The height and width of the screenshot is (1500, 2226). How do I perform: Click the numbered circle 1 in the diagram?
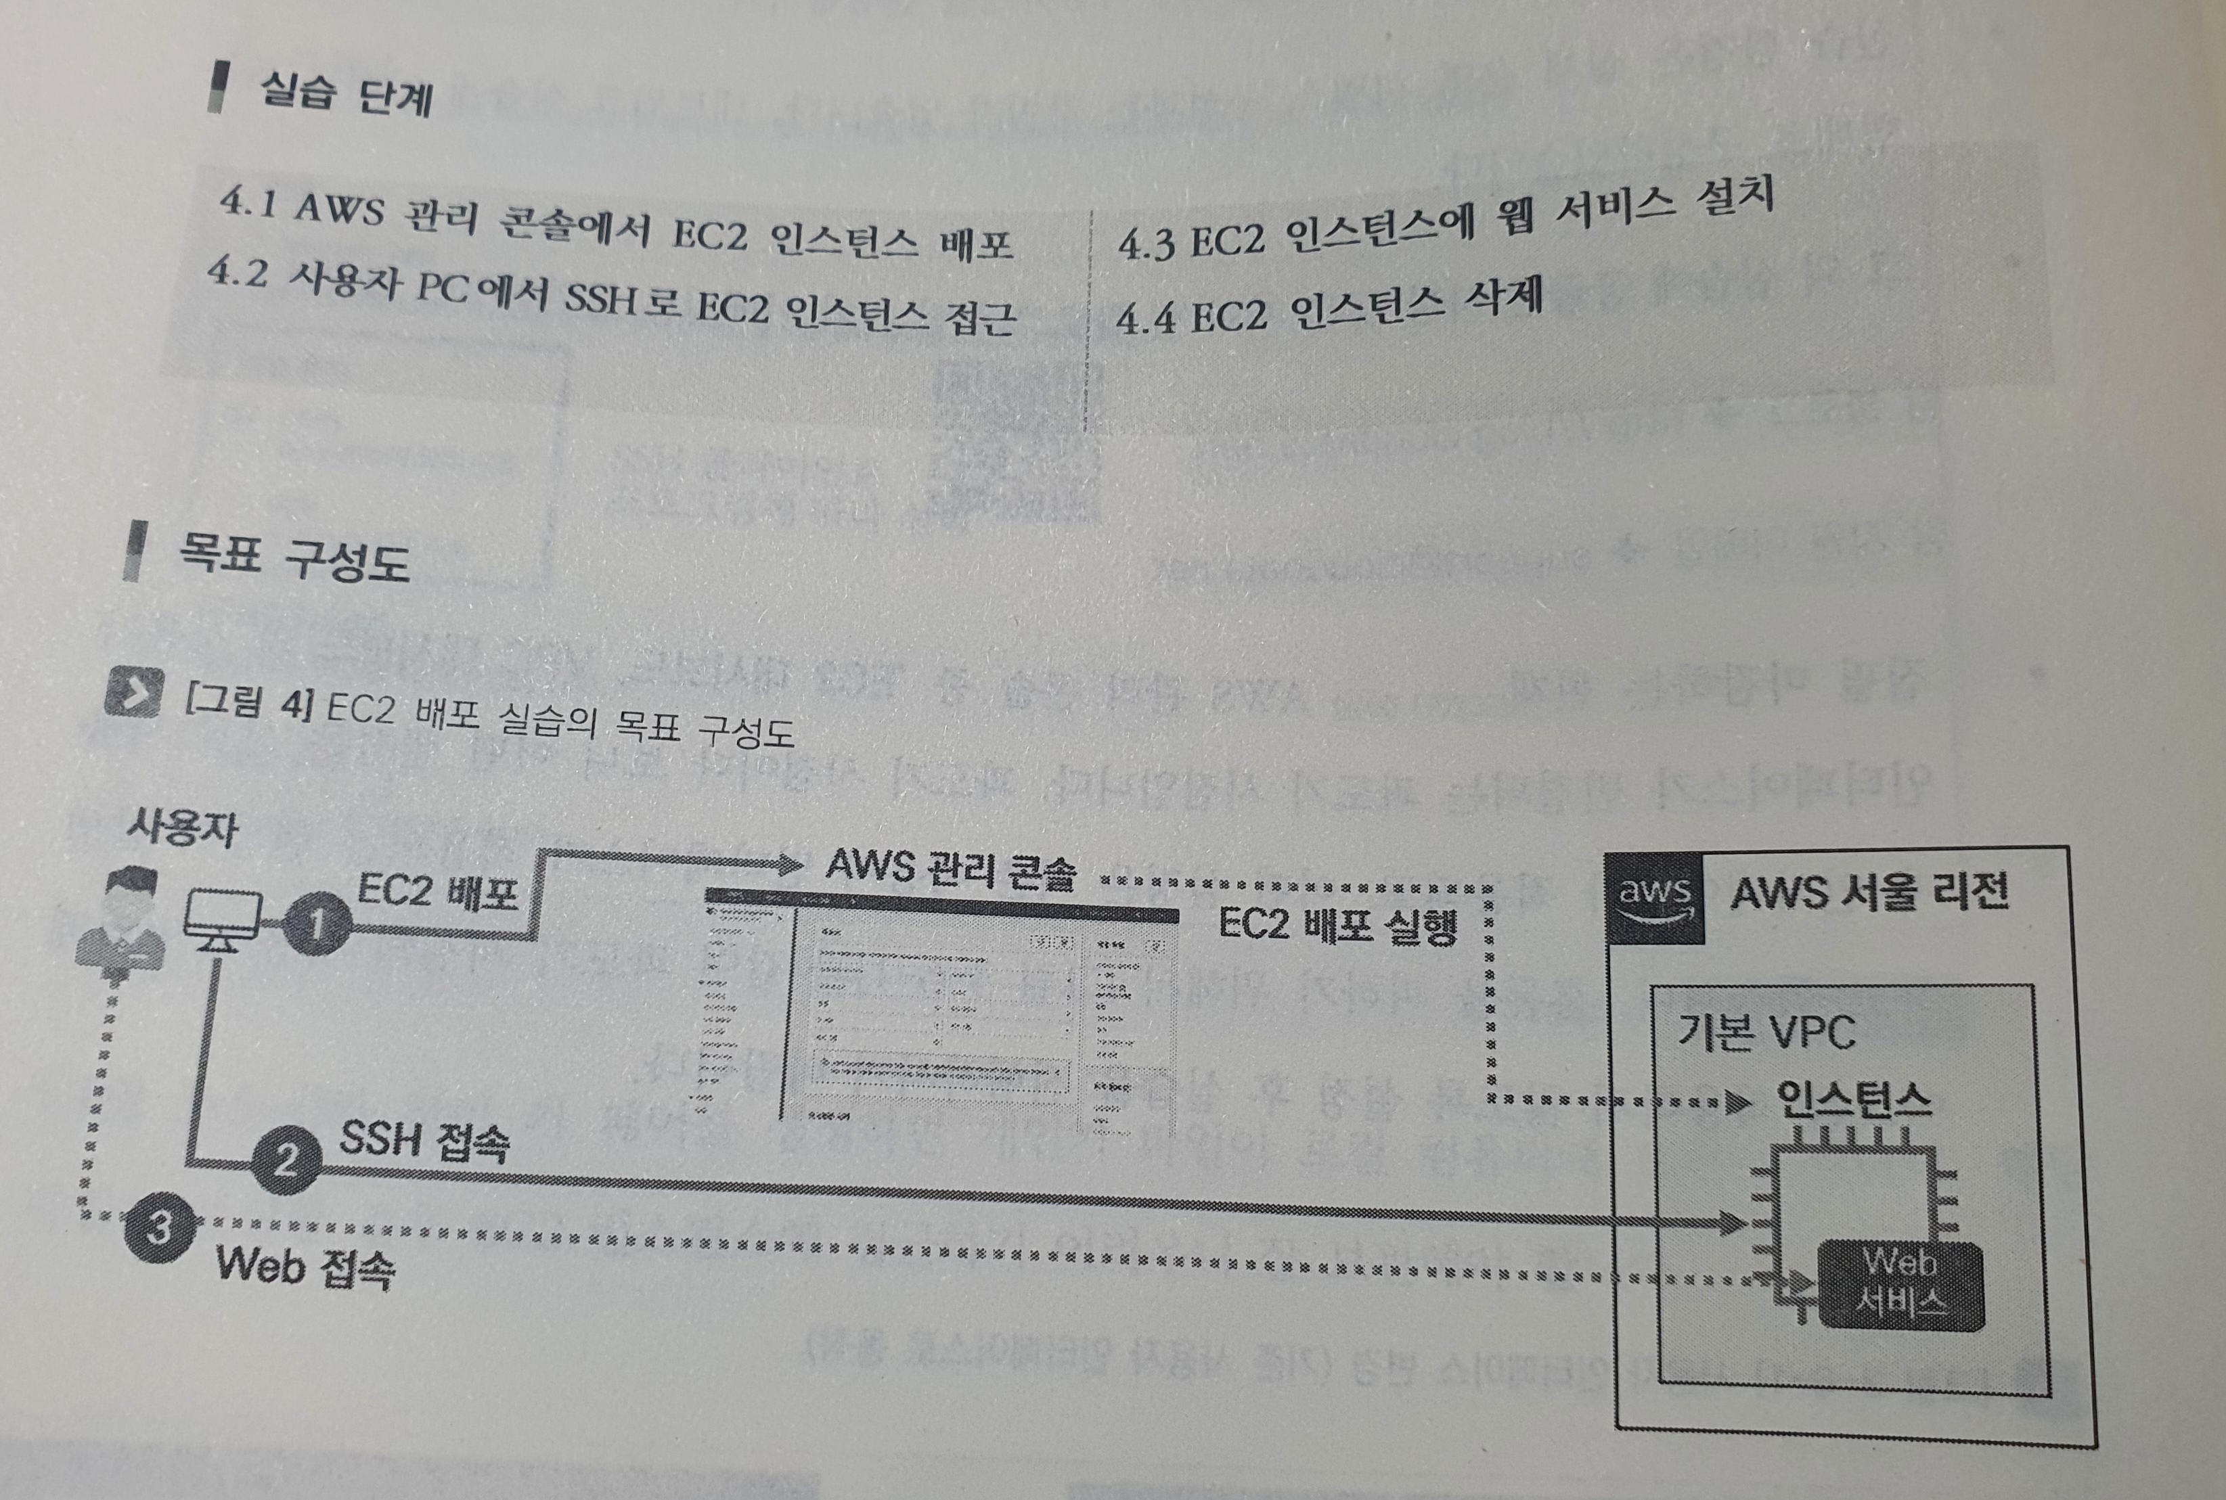316,923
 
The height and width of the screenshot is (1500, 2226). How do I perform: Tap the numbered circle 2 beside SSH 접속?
285,1162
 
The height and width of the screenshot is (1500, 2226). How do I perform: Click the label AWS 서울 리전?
1867,892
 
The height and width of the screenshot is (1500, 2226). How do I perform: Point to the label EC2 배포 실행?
1336,926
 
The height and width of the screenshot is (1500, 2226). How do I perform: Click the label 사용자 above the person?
182,828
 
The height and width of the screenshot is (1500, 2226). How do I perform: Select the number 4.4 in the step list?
1146,319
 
